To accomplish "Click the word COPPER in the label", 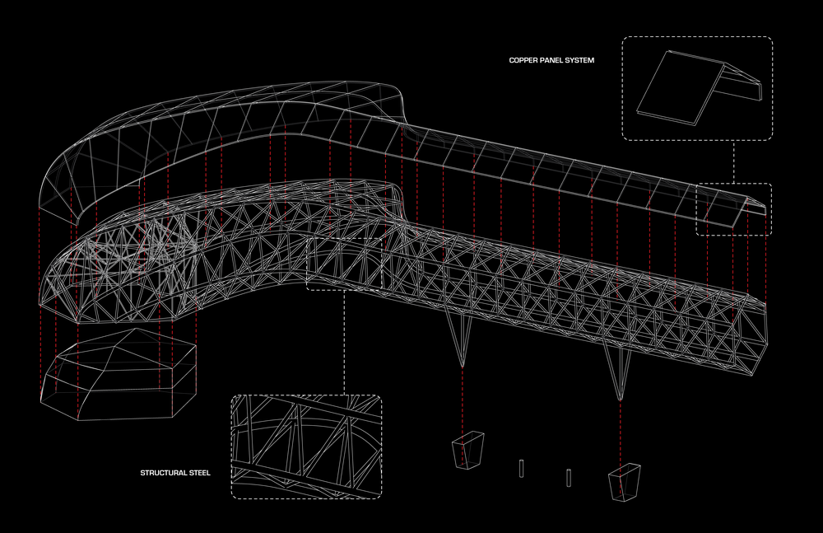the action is [523, 60].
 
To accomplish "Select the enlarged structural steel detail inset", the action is [306, 447].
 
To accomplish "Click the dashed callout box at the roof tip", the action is [734, 209].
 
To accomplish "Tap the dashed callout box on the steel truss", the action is [345, 264].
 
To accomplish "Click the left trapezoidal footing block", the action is [467, 451].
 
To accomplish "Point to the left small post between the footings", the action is [522, 468].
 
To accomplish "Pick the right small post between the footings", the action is [569, 476].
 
